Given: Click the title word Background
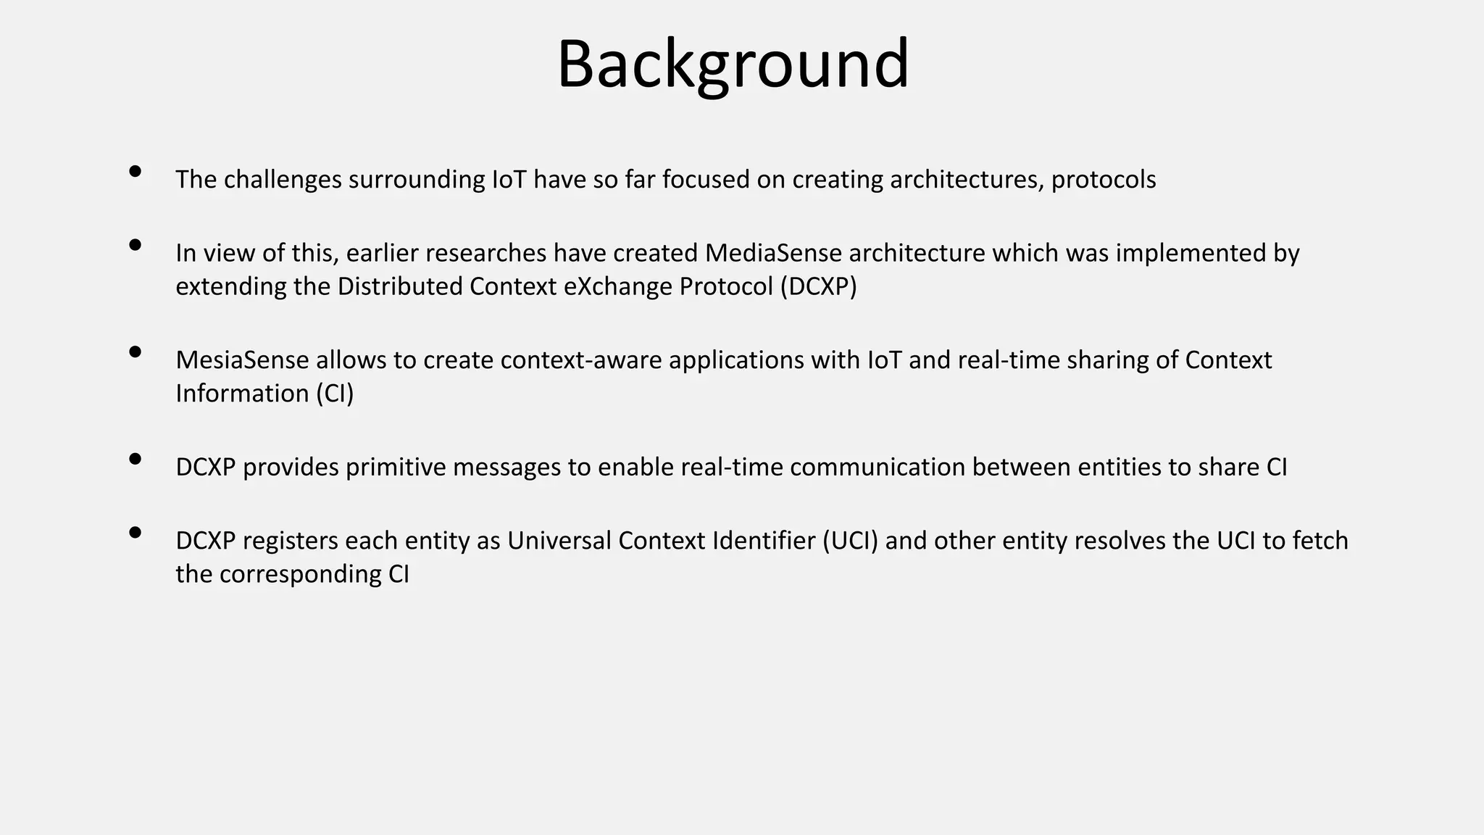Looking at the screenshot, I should click(733, 65).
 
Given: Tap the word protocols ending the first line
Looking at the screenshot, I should click(1103, 180).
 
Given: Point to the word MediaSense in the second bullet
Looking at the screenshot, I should click(773, 253).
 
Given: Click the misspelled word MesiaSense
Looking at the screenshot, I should click(242, 360).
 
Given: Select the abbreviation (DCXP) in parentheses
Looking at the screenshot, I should click(818, 287).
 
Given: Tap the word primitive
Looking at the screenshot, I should click(396, 468).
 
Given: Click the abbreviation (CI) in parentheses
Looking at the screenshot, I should click(334, 394).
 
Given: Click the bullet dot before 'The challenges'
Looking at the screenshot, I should click(135, 172).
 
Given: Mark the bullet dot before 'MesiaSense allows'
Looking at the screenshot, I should click(135, 352).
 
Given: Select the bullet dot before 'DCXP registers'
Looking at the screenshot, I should click(135, 533).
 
